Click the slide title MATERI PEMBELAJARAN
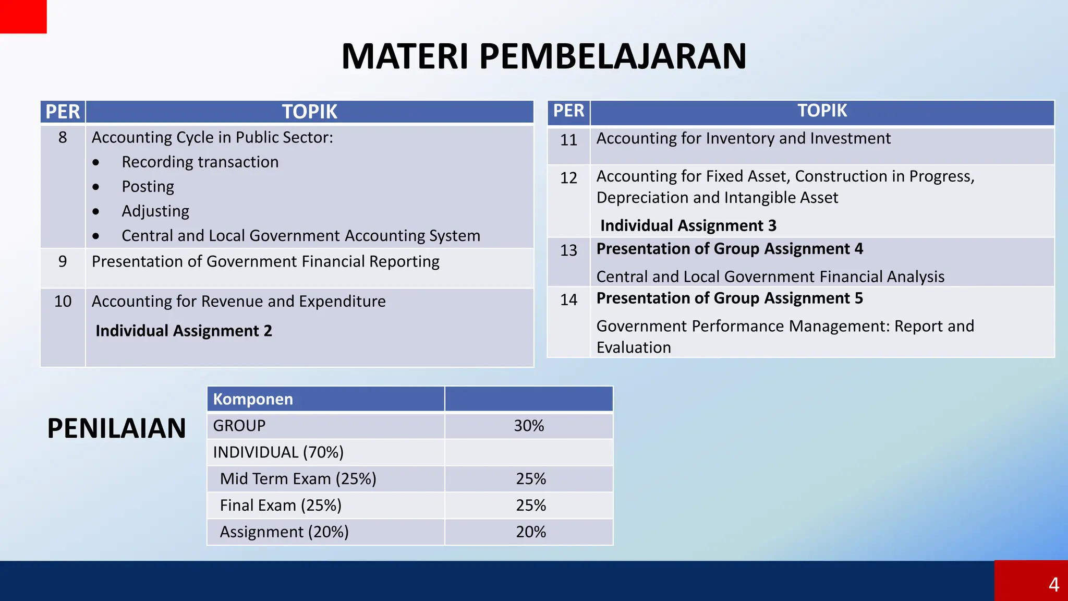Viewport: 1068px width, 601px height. pyautogui.click(x=543, y=56)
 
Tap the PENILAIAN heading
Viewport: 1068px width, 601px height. pyautogui.click(x=116, y=428)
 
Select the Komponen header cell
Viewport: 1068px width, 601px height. pyautogui.click(x=253, y=399)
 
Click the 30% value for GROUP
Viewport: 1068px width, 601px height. pyautogui.click(x=529, y=426)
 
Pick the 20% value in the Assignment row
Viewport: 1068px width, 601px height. pyautogui.click(x=531, y=532)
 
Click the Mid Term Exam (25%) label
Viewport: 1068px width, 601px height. pyautogui.click(x=298, y=478)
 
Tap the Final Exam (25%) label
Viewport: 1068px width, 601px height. pyautogui.click(x=281, y=505)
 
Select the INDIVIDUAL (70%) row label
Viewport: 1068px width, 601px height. pyautogui.click(x=278, y=452)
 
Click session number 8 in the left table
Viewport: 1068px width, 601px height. pyautogui.click(x=63, y=137)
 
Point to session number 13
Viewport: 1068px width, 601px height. pyautogui.click(x=568, y=250)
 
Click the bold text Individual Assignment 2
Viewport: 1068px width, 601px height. pyautogui.click(x=184, y=331)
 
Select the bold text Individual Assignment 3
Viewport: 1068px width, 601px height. pyautogui.click(x=688, y=225)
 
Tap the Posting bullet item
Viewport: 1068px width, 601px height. pyautogui.click(x=148, y=186)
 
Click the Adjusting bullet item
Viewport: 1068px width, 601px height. pyautogui.click(x=155, y=211)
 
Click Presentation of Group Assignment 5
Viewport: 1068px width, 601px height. pyautogui.click(x=729, y=298)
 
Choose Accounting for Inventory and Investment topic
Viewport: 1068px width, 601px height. pyautogui.click(x=743, y=138)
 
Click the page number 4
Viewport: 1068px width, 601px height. pyautogui.click(x=1053, y=584)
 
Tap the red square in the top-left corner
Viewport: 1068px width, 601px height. pyautogui.click(x=23, y=16)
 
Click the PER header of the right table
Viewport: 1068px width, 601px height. pyautogui.click(x=568, y=111)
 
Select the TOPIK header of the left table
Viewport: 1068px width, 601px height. pyautogui.click(x=309, y=112)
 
